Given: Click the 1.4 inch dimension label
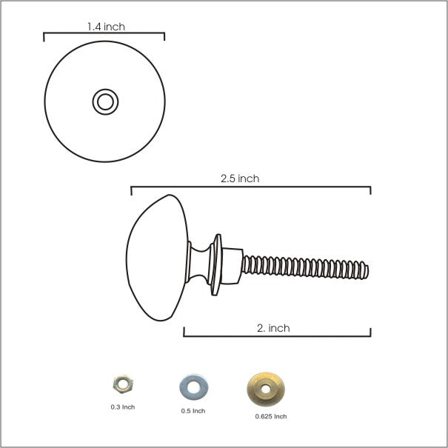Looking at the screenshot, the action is point(106,27).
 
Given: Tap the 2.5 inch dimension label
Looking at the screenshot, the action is point(240,178).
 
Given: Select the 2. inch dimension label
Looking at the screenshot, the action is point(273,328).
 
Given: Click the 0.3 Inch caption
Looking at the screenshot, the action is point(123,407).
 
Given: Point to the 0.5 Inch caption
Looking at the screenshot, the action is point(193,411).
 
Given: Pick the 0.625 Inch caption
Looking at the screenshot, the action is point(271,417).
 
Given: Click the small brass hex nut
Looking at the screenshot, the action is point(123,384).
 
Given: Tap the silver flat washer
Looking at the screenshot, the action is point(194,387).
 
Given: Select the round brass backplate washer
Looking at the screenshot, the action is point(266,389).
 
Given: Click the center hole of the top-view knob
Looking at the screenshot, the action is point(105,102).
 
